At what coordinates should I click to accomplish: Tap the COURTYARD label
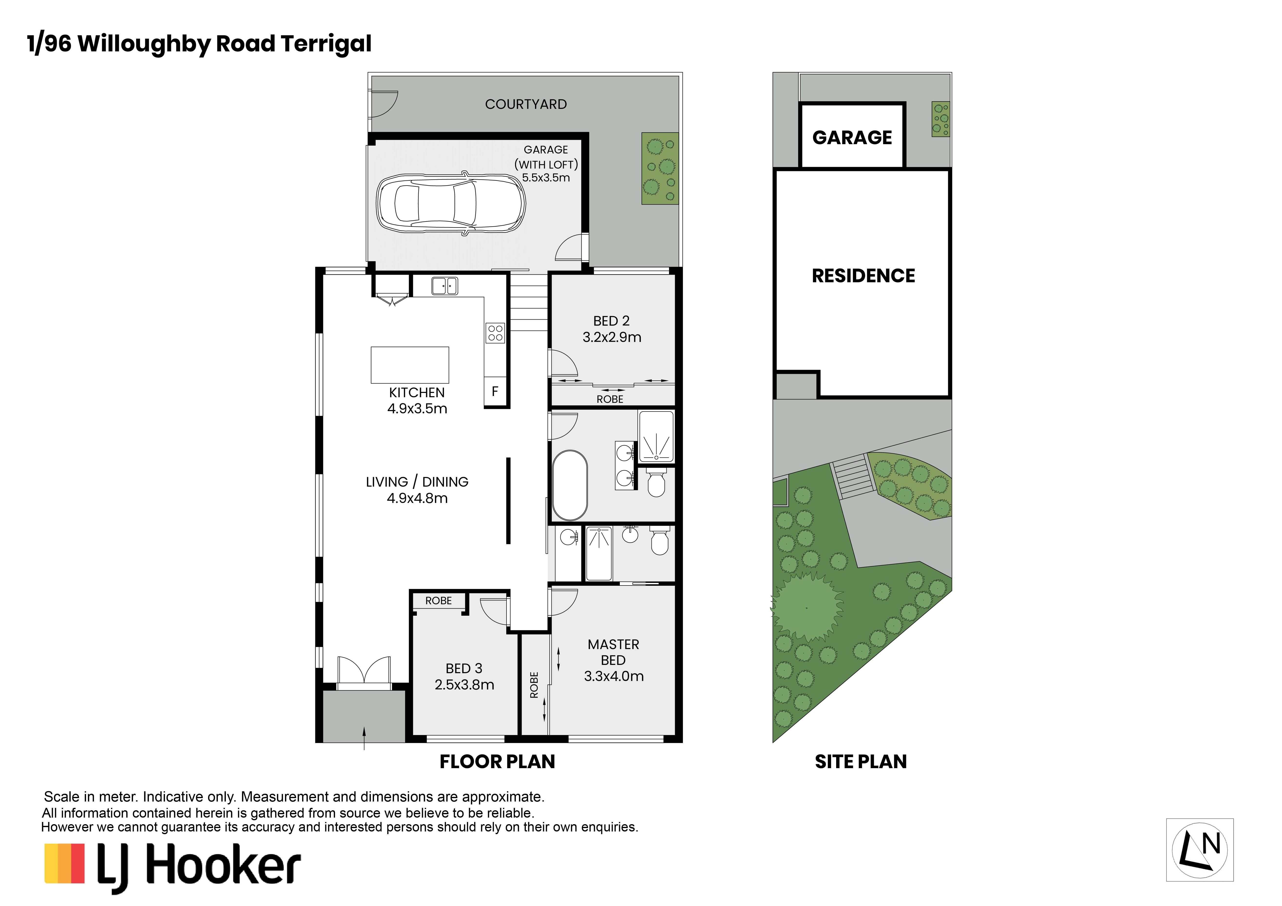[x=526, y=104]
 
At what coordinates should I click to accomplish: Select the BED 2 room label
[x=612, y=321]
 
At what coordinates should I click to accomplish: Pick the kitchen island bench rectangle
[x=410, y=365]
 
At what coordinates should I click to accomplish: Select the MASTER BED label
[x=613, y=652]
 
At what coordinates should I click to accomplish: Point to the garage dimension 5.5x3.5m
[x=546, y=178]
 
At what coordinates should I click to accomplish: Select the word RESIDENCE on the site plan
[x=863, y=276]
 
